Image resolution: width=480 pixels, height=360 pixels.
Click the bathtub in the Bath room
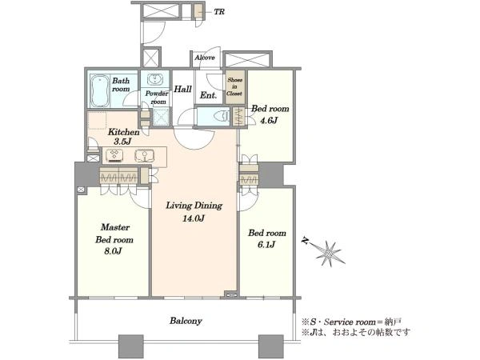[x=100, y=91]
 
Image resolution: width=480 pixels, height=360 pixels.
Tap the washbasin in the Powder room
[x=155, y=79]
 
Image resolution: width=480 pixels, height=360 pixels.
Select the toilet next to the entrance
[x=222, y=116]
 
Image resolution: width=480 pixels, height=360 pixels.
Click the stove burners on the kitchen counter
[x=115, y=155]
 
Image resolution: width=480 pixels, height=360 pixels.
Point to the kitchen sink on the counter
[x=145, y=155]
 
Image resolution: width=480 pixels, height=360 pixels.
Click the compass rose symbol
[x=328, y=253]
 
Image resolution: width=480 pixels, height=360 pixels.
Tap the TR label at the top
[x=219, y=12]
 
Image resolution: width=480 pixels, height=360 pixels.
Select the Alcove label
[x=205, y=58]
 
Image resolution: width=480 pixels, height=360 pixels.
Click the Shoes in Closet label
[x=234, y=86]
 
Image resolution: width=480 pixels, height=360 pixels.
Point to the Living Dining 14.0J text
[x=194, y=211]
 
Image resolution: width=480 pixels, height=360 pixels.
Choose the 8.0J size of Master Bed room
[x=113, y=251]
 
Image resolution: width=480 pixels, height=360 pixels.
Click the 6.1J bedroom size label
[x=266, y=245]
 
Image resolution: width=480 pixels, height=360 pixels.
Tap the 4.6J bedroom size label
[x=269, y=120]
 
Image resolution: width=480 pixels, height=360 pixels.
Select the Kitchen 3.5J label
[x=123, y=137]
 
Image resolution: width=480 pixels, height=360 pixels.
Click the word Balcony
[x=186, y=321]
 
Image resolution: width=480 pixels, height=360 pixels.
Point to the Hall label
[x=182, y=89]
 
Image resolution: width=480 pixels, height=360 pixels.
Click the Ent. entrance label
[x=208, y=95]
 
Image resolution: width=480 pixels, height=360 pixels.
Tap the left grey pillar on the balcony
[x=130, y=346]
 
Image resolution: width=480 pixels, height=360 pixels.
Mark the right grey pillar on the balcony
[x=271, y=346]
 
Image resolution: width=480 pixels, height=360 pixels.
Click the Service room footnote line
[x=351, y=322]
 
